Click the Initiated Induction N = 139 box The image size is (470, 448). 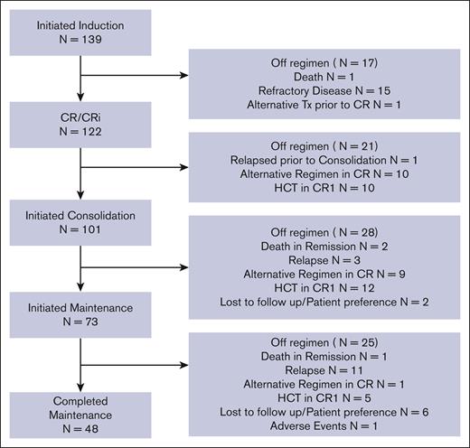click(81, 33)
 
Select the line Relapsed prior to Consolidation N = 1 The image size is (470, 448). click(324, 160)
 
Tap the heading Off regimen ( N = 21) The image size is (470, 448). click(324, 145)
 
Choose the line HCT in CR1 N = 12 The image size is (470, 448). click(324, 285)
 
